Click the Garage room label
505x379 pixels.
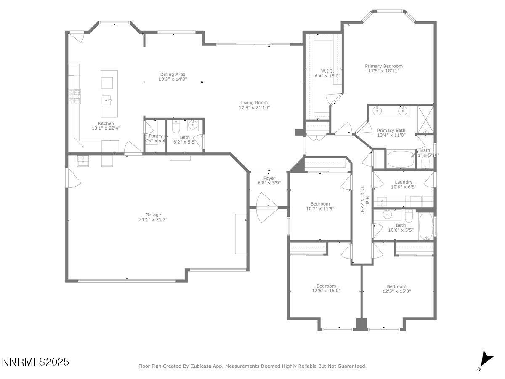pos(153,214)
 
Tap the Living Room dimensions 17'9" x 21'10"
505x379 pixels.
pos(254,108)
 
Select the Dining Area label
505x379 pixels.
pos(173,75)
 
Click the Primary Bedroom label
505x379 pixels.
pos(383,66)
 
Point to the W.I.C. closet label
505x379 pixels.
pos(327,71)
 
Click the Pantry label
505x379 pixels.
pos(156,136)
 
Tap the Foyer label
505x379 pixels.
pos(269,178)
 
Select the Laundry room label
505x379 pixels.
pos(404,182)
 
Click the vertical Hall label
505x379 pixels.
pos(367,201)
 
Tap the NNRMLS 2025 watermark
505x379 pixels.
pos(35,362)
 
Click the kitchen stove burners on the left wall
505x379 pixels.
pos(77,97)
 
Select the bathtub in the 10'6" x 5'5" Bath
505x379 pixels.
pos(425,227)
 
